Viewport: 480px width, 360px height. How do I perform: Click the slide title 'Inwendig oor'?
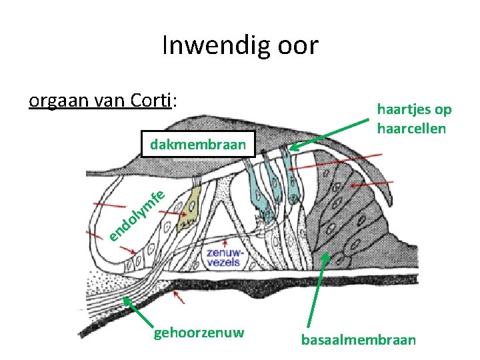(x=240, y=46)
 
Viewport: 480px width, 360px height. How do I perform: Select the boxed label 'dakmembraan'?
(x=198, y=144)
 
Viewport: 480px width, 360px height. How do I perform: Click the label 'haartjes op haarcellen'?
(x=413, y=118)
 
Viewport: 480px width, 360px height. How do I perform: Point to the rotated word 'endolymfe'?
(x=137, y=215)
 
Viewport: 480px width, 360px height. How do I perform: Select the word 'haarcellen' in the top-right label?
(x=411, y=128)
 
